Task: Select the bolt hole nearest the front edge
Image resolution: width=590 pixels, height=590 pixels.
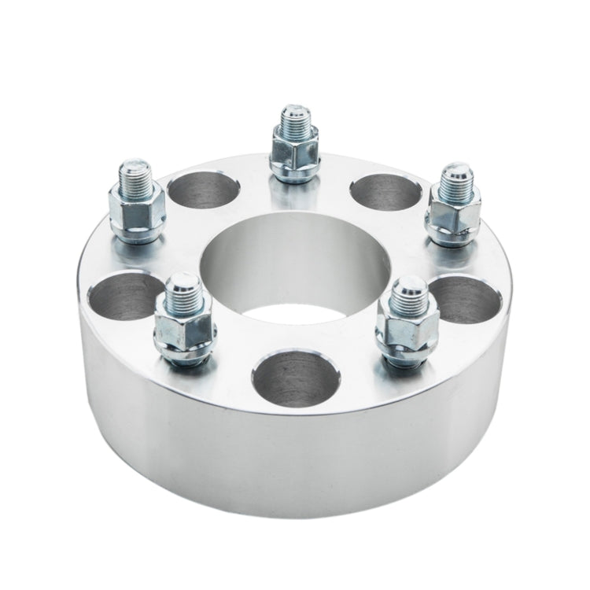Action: tap(290, 378)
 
